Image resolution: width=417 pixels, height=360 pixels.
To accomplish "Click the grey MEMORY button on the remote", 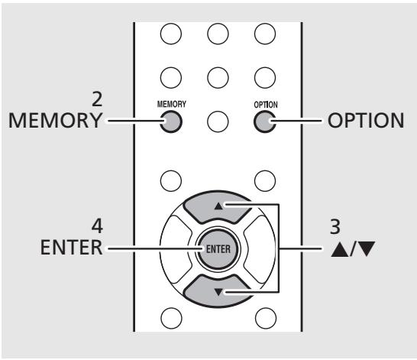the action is point(171,122).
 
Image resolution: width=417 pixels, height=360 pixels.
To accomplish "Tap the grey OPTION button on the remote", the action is point(265,122).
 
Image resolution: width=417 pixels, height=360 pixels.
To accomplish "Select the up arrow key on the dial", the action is point(218,207).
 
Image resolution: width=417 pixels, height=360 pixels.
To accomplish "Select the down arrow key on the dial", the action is point(218,290).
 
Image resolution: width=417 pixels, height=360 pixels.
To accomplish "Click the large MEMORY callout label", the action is point(55,121).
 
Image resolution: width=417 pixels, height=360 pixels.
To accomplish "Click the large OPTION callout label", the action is point(366,121).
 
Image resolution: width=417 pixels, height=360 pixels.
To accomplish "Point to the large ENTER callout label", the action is point(71,248).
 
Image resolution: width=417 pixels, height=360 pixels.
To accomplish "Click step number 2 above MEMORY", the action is point(97,99).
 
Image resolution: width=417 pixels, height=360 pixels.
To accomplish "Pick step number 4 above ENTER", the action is point(97,227).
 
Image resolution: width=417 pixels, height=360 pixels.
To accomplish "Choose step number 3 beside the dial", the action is point(335,227).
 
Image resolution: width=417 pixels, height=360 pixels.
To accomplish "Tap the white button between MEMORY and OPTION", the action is point(218,122).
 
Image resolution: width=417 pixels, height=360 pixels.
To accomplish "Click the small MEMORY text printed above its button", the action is point(172,104).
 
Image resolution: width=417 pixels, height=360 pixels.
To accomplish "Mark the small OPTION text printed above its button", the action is point(266,105).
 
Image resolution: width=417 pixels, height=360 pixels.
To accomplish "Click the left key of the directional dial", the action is point(175,249).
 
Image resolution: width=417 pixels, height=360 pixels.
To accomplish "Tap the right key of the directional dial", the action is point(260,249).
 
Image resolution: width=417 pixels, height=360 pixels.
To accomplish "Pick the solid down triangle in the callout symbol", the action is point(366,248).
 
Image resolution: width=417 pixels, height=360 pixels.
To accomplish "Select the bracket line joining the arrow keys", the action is point(279,248).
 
